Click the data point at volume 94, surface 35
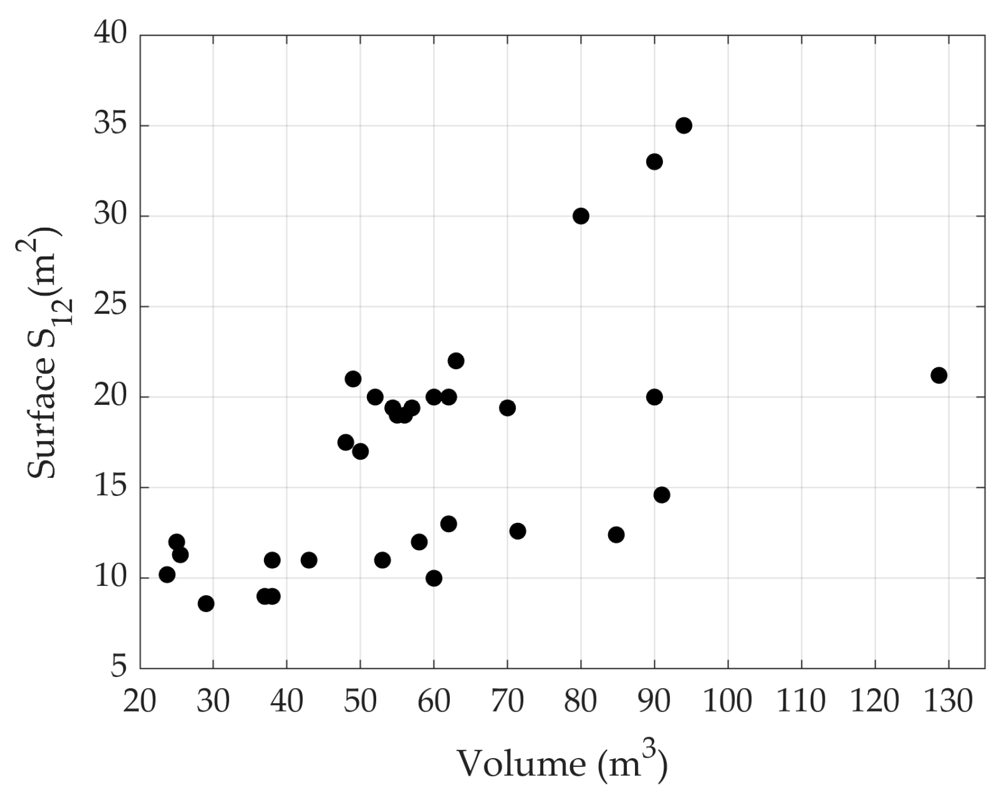(683, 126)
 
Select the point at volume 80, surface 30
(581, 216)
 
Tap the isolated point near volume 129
(939, 376)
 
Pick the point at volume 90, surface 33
(654, 162)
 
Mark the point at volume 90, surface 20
(654, 397)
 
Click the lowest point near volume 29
(206, 604)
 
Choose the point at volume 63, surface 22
(456, 361)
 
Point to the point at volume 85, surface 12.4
(616, 534)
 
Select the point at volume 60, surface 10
(433, 578)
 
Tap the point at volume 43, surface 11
(309, 560)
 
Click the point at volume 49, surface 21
(353, 379)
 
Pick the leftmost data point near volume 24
(167, 575)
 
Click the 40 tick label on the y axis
(110, 34)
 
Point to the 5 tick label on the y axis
(119, 666)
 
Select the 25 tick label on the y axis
(110, 306)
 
